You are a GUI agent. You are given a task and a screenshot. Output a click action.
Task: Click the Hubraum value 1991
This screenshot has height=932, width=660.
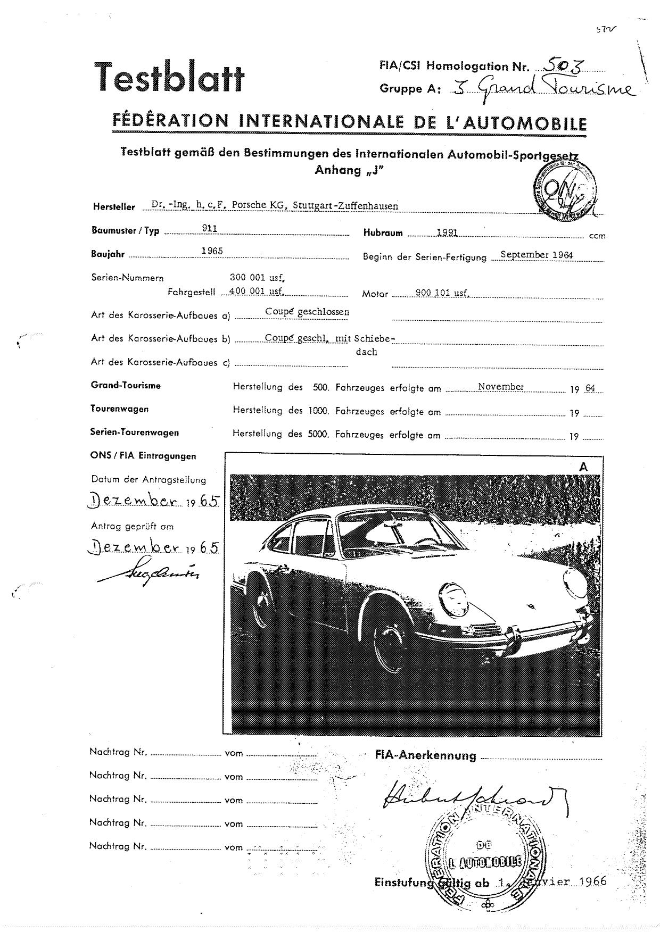point(447,232)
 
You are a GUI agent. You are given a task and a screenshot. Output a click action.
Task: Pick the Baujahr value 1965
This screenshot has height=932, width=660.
point(212,251)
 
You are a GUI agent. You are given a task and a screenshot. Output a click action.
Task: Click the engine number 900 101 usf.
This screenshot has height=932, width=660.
point(441,292)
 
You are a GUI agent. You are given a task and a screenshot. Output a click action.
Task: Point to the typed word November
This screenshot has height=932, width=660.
point(500,387)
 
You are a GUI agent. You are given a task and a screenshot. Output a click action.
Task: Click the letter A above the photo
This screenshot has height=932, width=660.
point(584,467)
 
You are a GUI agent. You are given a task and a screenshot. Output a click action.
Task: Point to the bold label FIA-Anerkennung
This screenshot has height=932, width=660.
point(425,755)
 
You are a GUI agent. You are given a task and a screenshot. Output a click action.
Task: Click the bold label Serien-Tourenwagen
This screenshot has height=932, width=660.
point(134,432)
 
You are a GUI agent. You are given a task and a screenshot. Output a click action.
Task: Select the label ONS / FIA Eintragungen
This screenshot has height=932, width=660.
point(143,456)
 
